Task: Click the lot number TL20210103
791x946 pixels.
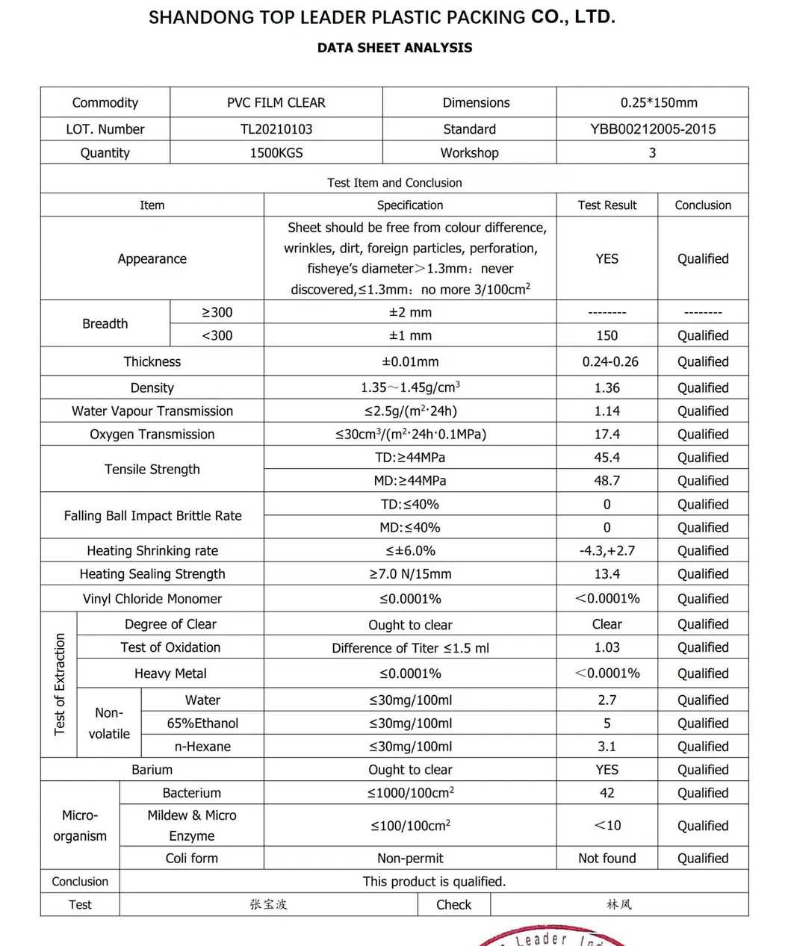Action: (x=276, y=129)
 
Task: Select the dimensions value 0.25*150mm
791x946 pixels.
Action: (x=659, y=103)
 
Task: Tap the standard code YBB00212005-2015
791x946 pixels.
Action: (x=653, y=129)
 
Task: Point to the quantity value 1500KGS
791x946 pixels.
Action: (x=276, y=153)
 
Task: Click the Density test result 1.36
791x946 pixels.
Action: (x=607, y=388)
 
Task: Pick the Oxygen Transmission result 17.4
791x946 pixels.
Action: (x=607, y=435)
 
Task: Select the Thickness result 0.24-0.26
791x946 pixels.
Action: (x=610, y=362)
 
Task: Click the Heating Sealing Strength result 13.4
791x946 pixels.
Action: (x=607, y=574)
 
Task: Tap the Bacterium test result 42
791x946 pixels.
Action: (x=607, y=793)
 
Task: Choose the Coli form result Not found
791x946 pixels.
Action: (x=607, y=859)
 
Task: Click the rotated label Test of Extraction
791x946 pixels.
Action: (x=60, y=685)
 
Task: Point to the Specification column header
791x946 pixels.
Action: (x=410, y=205)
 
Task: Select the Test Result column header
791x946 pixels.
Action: (x=607, y=205)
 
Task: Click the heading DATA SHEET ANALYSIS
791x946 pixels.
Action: (x=394, y=48)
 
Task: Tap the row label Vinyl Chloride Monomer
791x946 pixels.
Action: (x=152, y=599)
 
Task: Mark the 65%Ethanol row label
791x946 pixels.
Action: (x=202, y=723)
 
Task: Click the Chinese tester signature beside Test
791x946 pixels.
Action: (x=268, y=905)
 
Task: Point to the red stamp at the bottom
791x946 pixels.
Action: (x=553, y=936)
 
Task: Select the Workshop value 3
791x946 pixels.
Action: (x=652, y=153)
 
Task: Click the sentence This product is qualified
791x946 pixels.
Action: (x=434, y=882)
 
